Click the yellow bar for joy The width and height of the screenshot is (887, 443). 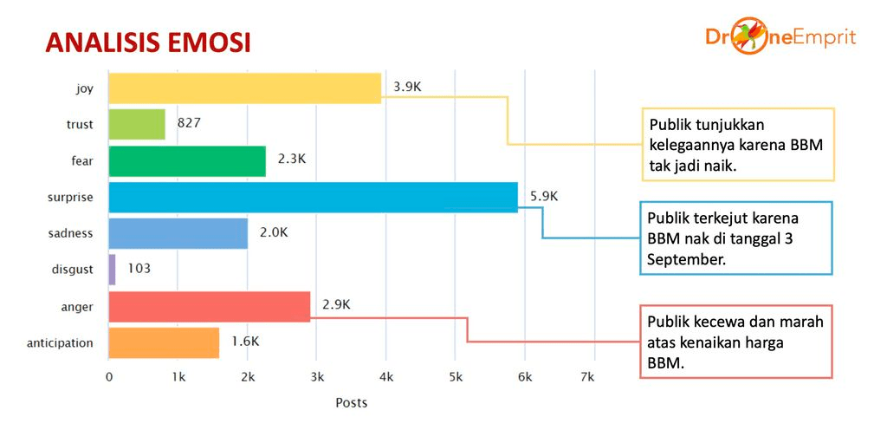244,88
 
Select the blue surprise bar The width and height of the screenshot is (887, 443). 313,197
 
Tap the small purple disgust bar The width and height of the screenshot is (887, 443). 112,269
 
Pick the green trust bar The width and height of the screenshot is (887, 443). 137,124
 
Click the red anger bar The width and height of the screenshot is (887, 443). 209,306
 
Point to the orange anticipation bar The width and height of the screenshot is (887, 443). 164,342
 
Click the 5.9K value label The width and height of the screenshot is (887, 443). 543,196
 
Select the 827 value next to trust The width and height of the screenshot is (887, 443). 189,123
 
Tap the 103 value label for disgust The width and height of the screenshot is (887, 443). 139,269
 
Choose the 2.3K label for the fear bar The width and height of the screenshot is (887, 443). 291,160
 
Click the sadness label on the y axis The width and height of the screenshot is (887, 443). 70,233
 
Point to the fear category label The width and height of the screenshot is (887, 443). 81,160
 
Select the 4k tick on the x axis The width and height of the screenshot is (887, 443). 386,377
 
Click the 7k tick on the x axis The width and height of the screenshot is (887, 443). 587,377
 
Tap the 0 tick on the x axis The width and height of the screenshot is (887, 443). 109,377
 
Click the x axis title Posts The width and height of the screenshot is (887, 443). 351,402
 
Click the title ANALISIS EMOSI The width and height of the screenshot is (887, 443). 147,42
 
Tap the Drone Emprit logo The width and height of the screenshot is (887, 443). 780,37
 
